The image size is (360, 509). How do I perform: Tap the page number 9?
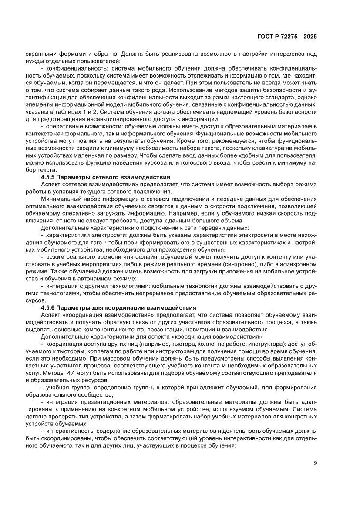(315, 463)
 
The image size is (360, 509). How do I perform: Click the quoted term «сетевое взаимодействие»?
(91, 185)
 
